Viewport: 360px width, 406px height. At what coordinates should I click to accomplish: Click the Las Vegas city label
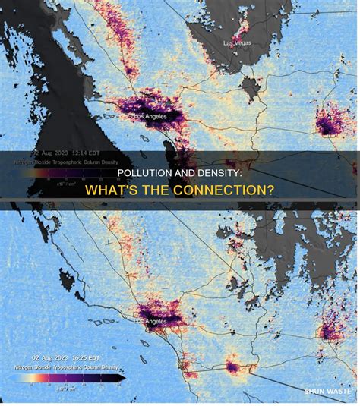[x=237, y=43]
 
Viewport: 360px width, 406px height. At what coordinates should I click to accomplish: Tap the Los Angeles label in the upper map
[x=149, y=116]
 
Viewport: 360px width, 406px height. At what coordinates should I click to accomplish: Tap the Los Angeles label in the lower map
[x=151, y=321]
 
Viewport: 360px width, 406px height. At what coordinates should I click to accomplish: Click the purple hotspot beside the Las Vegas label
[x=242, y=32]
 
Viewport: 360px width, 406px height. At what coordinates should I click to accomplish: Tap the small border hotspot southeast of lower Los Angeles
[x=232, y=368]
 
